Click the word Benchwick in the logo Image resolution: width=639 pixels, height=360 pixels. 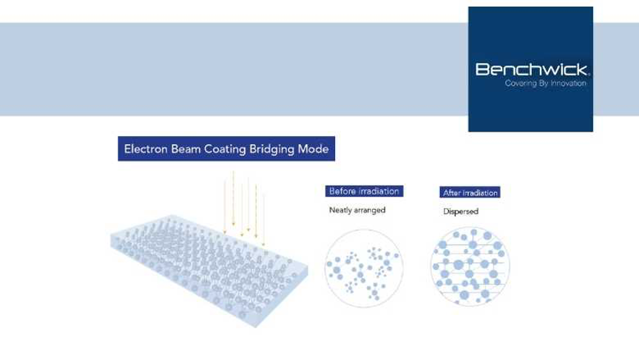tap(532, 69)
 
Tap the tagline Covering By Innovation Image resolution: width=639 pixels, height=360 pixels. tap(545, 83)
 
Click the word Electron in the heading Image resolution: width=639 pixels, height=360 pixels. tap(146, 149)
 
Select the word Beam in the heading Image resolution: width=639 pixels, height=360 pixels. tap(186, 149)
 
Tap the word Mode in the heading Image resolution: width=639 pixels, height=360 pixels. tap(314, 149)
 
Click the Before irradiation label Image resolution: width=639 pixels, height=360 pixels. tap(364, 191)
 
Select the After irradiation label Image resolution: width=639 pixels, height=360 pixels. tap(470, 193)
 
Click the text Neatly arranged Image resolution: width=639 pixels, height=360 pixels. tap(357, 210)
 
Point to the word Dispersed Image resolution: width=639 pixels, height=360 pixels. tap(461, 211)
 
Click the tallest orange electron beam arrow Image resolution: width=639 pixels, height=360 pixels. tap(234, 198)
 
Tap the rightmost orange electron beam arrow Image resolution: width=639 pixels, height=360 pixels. tap(264, 220)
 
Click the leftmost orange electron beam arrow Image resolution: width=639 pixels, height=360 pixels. tap(225, 208)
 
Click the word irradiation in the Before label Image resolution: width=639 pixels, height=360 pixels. tap(378, 191)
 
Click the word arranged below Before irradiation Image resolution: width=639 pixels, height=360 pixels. tap(370, 211)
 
